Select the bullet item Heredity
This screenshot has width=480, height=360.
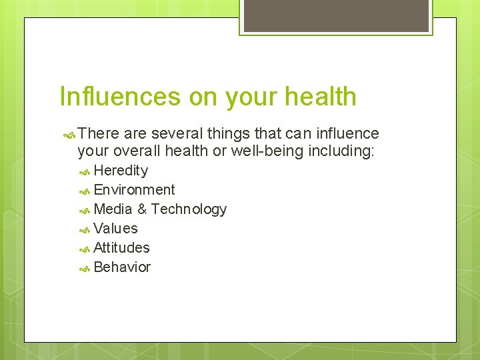pyautogui.click(x=121, y=171)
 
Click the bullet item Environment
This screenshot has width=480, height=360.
pyautogui.click(x=134, y=190)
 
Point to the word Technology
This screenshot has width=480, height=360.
pyautogui.click(x=189, y=209)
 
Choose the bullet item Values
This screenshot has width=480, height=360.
pyautogui.click(x=115, y=229)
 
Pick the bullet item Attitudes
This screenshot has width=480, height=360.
pyautogui.click(x=121, y=248)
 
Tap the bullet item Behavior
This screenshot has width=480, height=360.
pyautogui.click(x=122, y=267)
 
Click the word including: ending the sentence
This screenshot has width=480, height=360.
pyautogui.click(x=341, y=151)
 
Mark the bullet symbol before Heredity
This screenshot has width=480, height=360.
pyautogui.click(x=85, y=171)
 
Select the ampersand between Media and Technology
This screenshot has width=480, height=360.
pyautogui.click(x=142, y=209)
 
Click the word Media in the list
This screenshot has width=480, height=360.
pyautogui.click(x=113, y=209)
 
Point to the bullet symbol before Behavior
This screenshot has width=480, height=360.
pyautogui.click(x=85, y=268)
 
